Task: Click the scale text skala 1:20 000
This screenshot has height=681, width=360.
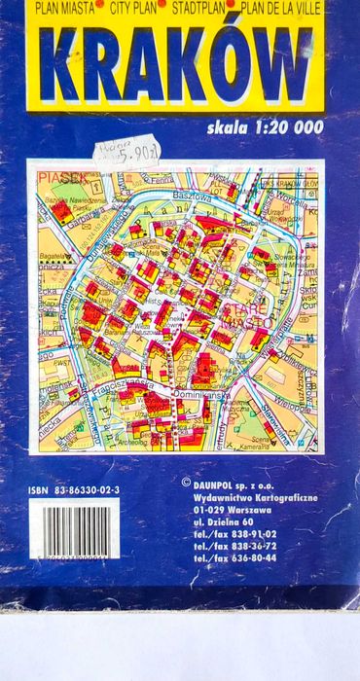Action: click(263, 126)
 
